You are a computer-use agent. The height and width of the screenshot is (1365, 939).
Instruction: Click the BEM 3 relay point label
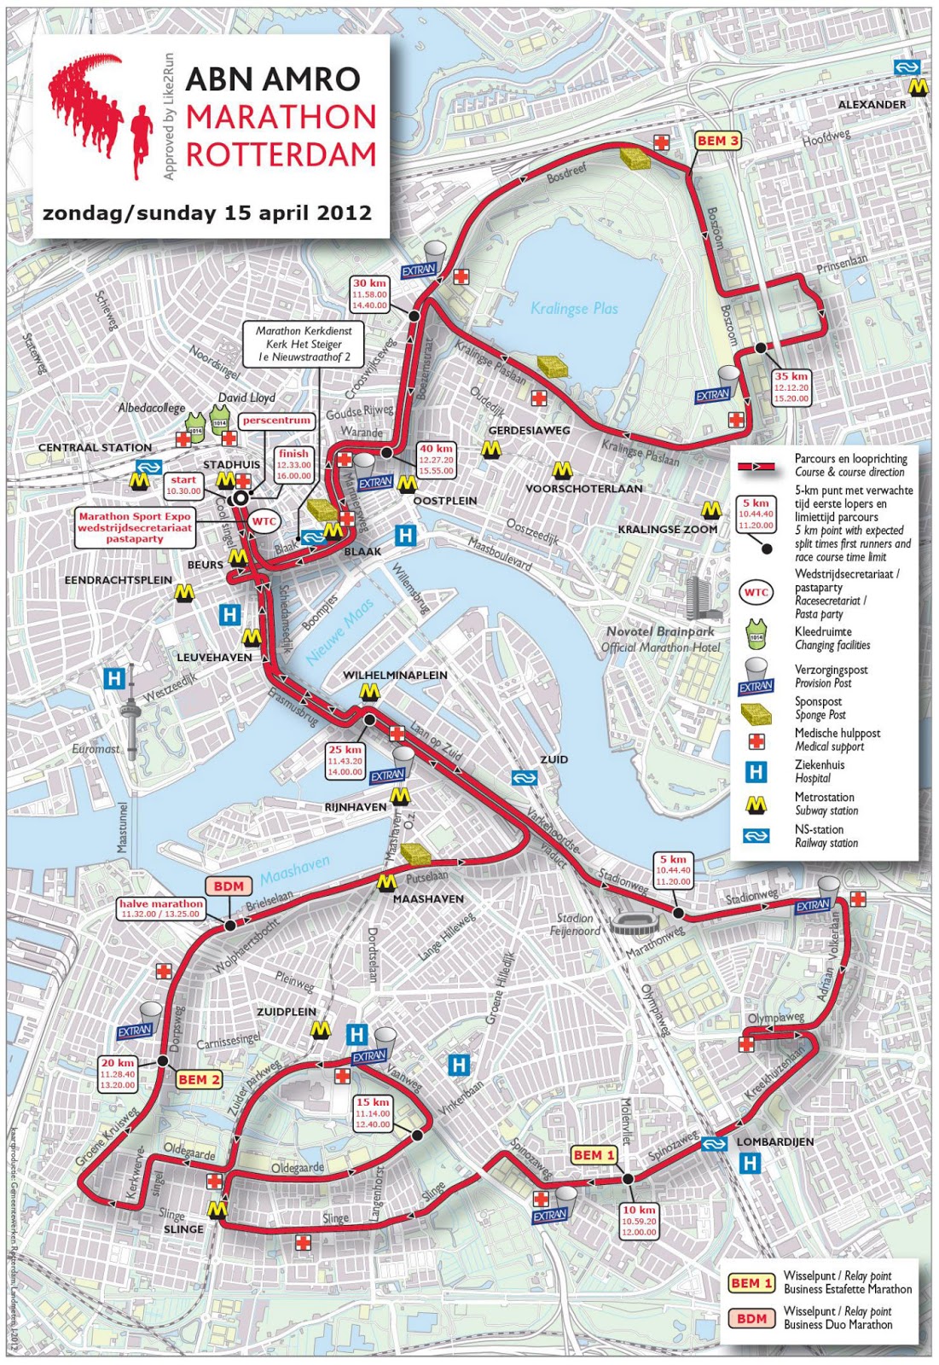tap(717, 141)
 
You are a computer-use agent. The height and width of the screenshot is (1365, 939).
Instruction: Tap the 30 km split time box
tap(370, 294)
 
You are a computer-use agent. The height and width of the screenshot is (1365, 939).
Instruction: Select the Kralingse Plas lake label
tap(574, 309)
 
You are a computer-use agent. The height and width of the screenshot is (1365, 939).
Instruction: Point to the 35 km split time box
tap(791, 387)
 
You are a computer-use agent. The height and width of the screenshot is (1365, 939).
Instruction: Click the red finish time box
tap(294, 465)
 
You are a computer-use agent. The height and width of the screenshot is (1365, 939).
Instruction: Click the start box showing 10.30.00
tap(183, 485)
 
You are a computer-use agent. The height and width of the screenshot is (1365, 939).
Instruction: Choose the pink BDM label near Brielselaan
tap(229, 886)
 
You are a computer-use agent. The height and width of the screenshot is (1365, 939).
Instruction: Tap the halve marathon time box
tap(160, 909)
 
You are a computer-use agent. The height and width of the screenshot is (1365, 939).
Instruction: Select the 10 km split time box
tap(639, 1221)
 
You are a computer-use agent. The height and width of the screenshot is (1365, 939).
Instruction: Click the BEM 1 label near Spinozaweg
tap(594, 1155)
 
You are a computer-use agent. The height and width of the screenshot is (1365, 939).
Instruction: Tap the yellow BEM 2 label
tap(199, 1079)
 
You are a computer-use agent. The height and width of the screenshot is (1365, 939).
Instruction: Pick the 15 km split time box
tap(373, 1113)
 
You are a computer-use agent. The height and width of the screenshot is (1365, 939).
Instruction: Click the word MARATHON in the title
tap(281, 117)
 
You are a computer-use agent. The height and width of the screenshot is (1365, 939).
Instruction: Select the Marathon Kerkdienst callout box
tap(304, 344)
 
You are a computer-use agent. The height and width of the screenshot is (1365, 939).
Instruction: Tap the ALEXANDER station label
tap(872, 104)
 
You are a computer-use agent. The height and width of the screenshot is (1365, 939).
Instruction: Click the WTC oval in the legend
tap(756, 593)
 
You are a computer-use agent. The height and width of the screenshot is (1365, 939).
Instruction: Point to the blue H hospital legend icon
tap(756, 772)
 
